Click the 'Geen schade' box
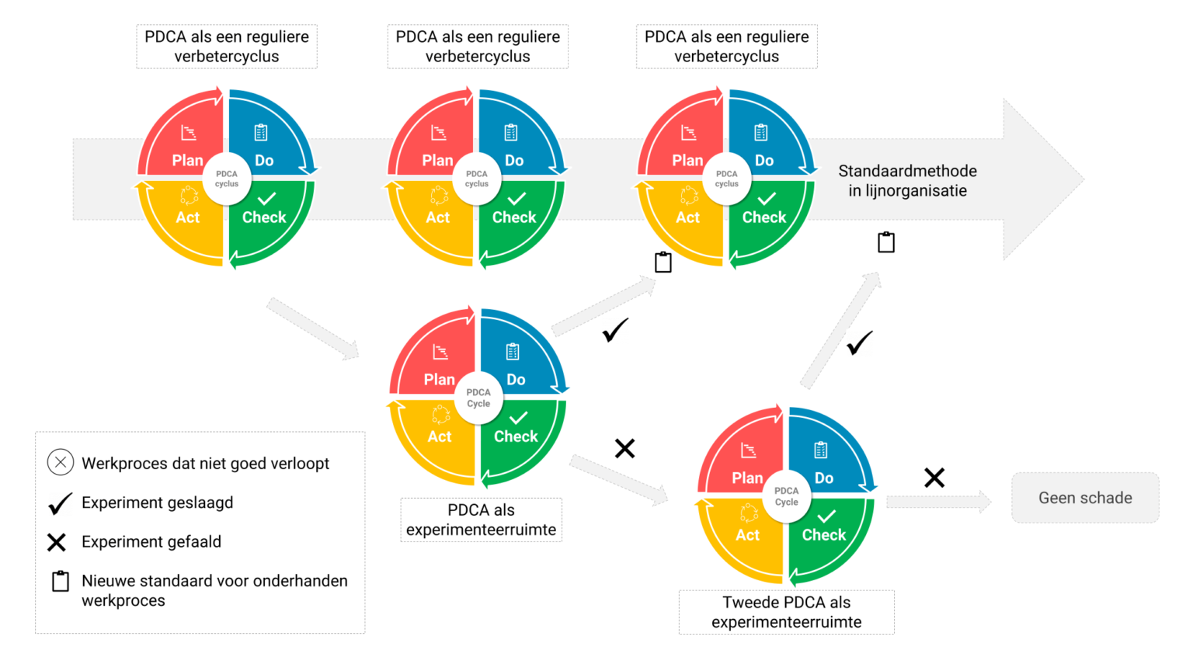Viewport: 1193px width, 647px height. click(1084, 498)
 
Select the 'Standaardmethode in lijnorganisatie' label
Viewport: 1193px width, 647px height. click(907, 181)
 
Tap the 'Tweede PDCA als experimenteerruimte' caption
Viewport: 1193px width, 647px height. click(786, 612)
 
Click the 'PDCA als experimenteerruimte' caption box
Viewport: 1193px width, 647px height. click(481, 520)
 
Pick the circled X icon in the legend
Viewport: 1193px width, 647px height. click(61, 462)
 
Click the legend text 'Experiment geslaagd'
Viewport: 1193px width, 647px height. click(157, 503)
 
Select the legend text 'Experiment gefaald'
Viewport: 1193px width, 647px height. click(151, 541)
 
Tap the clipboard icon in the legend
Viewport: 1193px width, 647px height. click(61, 581)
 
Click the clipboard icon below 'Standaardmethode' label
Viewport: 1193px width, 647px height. click(886, 242)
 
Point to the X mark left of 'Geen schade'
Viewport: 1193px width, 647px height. click(934, 478)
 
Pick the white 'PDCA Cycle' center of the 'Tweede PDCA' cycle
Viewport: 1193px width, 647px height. click(786, 496)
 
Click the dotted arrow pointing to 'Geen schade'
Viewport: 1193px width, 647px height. click(939, 502)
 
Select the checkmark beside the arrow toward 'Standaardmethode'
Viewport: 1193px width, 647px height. click(859, 343)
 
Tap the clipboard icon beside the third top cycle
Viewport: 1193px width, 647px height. click(663, 263)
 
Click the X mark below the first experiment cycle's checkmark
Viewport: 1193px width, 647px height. click(624, 448)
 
